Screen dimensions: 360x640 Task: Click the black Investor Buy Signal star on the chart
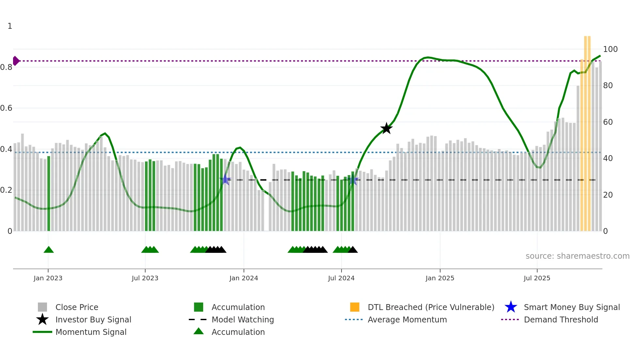pyautogui.click(x=386, y=128)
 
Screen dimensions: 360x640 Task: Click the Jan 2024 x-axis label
pyautogui.click(x=244, y=278)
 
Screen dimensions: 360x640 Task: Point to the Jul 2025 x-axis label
pyautogui.click(x=537, y=278)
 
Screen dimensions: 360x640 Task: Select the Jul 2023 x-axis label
pyautogui.click(x=145, y=278)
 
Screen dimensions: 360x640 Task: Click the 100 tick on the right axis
pyautogui.click(x=610, y=49)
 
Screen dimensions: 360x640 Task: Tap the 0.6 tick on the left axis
pyautogui.click(x=7, y=108)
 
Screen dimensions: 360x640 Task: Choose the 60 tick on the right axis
pyautogui.click(x=608, y=122)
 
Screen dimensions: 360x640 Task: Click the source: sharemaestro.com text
pyautogui.click(x=577, y=256)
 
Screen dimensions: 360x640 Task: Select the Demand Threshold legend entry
pyautogui.click(x=561, y=319)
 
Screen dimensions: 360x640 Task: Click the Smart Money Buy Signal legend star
pyautogui.click(x=511, y=307)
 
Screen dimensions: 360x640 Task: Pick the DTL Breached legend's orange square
pyautogui.click(x=355, y=307)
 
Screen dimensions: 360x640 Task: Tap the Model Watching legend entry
pyautogui.click(x=242, y=319)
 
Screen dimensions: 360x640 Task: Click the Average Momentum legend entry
pyautogui.click(x=407, y=319)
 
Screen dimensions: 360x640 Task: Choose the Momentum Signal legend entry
pyautogui.click(x=91, y=332)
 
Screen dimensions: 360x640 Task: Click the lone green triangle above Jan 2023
pyautogui.click(x=49, y=250)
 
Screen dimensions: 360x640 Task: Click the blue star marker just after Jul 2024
pyautogui.click(x=353, y=180)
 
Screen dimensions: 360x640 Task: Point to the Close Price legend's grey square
pyautogui.click(x=42, y=307)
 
